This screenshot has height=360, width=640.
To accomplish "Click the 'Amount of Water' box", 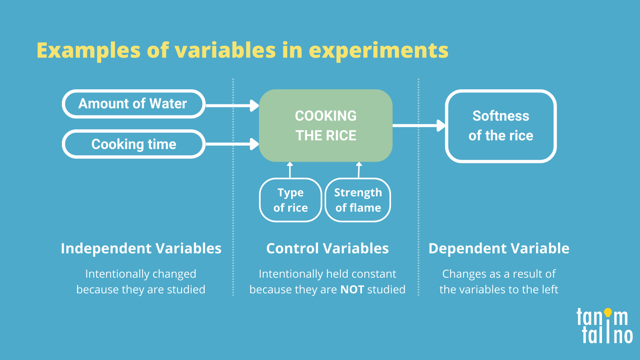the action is coord(133,104).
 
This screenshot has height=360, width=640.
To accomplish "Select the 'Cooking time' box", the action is coord(133,144).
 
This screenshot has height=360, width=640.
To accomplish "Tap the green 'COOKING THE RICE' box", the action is coord(326,126).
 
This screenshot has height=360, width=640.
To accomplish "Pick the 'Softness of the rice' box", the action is coord(501,126).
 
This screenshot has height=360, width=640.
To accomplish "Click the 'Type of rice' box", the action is coord(290,200).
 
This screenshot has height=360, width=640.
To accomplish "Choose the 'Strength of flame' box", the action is coord(358,200).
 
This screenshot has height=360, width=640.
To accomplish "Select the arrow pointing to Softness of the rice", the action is coord(419,126).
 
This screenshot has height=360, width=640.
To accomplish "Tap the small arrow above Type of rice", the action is coord(290,170).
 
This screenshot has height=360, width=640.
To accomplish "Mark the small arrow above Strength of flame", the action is coord(359,170).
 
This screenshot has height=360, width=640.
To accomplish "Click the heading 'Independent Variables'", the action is coord(141,248).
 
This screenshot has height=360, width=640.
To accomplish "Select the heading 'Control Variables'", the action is coord(327,248).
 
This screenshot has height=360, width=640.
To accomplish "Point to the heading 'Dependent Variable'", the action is coord(499,248).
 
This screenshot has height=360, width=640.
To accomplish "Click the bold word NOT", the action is coord(352,289).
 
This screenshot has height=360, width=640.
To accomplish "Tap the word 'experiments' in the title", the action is coord(379,50).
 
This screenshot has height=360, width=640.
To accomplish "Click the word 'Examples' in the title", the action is coord(89,50).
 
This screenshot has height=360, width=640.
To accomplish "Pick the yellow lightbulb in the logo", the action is coord(608,312).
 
